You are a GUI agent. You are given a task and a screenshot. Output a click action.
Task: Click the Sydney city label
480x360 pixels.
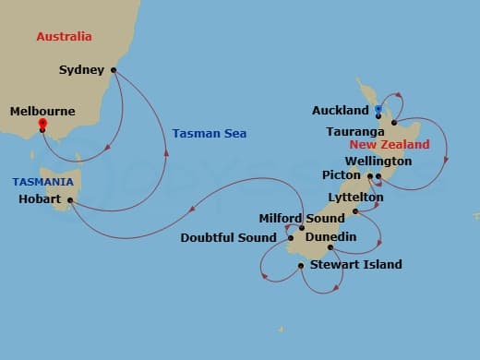coord(80,69)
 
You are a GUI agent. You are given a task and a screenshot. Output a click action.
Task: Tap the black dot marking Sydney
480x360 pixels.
coord(114,69)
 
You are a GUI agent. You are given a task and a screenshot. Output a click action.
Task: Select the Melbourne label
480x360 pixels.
coord(42,111)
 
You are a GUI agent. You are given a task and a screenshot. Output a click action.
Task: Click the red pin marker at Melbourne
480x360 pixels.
coord(42,122)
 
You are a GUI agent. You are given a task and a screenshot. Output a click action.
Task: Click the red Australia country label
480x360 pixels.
coord(64,37)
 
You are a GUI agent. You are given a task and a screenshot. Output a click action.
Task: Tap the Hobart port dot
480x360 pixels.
coord(71,199)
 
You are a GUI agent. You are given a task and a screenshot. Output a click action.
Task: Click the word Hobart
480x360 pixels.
coord(39,198)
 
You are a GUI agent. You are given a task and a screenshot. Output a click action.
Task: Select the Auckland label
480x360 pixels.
coord(340,110)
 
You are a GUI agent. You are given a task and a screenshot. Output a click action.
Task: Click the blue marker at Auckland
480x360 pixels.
coord(378,110)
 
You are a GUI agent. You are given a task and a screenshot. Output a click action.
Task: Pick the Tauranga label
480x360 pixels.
coord(351,130)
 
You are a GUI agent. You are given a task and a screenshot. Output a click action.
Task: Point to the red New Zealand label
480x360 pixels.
coord(390,145)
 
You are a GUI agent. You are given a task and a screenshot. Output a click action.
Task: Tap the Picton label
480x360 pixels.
coord(342,174)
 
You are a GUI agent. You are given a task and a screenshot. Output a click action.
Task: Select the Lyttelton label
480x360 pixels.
coord(355,198)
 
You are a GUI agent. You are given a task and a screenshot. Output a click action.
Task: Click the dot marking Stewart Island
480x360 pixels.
coord(301,266)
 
